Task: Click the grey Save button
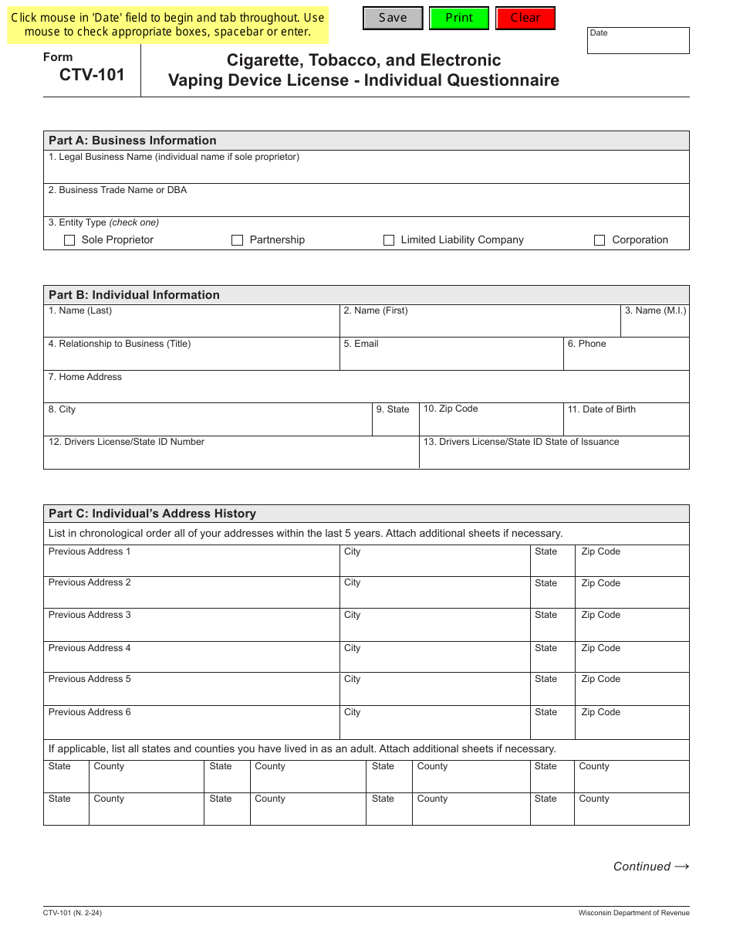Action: [x=393, y=18]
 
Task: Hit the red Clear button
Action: [x=525, y=18]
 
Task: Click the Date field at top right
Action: [x=638, y=42]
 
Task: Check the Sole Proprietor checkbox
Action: [x=70, y=240]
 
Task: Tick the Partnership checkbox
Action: [x=238, y=240]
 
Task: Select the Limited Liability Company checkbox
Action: [x=389, y=240]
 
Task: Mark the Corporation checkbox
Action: [x=600, y=240]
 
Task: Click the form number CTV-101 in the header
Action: [x=92, y=75]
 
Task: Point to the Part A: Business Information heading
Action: [x=133, y=141]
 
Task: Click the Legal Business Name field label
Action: [x=174, y=157]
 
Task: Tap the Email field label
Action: [x=361, y=344]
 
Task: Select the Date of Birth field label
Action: [x=602, y=409]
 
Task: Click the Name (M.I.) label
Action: [x=655, y=310]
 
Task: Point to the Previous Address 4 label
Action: [x=90, y=648]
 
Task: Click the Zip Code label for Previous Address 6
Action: [x=600, y=712]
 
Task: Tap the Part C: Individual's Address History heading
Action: [x=152, y=514]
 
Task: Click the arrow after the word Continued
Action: [x=681, y=867]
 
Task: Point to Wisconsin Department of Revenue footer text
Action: [x=633, y=913]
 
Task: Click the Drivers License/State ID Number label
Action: [x=127, y=442]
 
